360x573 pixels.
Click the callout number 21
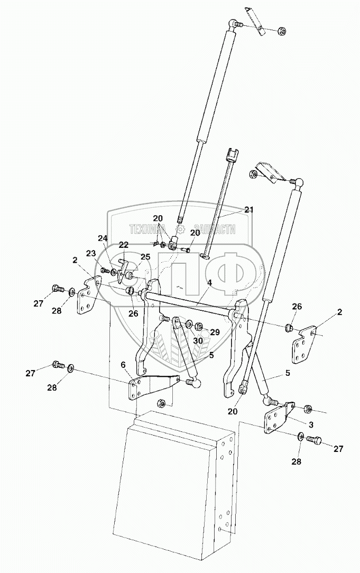click(249, 210)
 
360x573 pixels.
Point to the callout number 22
click(123, 245)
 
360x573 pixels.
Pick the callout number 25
click(146, 257)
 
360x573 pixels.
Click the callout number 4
click(209, 283)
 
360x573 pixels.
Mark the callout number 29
click(215, 332)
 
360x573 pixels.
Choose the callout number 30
click(197, 341)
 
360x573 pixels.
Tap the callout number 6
click(123, 365)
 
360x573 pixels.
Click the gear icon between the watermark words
click(181, 229)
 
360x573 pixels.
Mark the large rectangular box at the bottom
click(174, 486)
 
